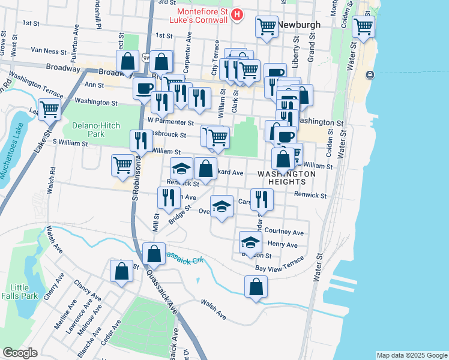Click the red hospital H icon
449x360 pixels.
[x=238, y=14]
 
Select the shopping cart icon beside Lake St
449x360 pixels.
[x=49, y=109]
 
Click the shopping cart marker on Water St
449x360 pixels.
[x=363, y=26]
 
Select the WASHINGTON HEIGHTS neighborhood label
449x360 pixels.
[x=286, y=178]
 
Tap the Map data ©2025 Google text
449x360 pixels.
[x=411, y=355]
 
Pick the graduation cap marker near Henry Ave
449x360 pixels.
[x=250, y=242]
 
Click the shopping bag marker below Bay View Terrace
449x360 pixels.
[x=256, y=287]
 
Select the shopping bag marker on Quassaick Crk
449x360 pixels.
[x=154, y=253]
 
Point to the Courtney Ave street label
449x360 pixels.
[x=284, y=232]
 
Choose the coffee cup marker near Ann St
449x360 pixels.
[x=143, y=88]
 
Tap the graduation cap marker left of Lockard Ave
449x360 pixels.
[x=181, y=169]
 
